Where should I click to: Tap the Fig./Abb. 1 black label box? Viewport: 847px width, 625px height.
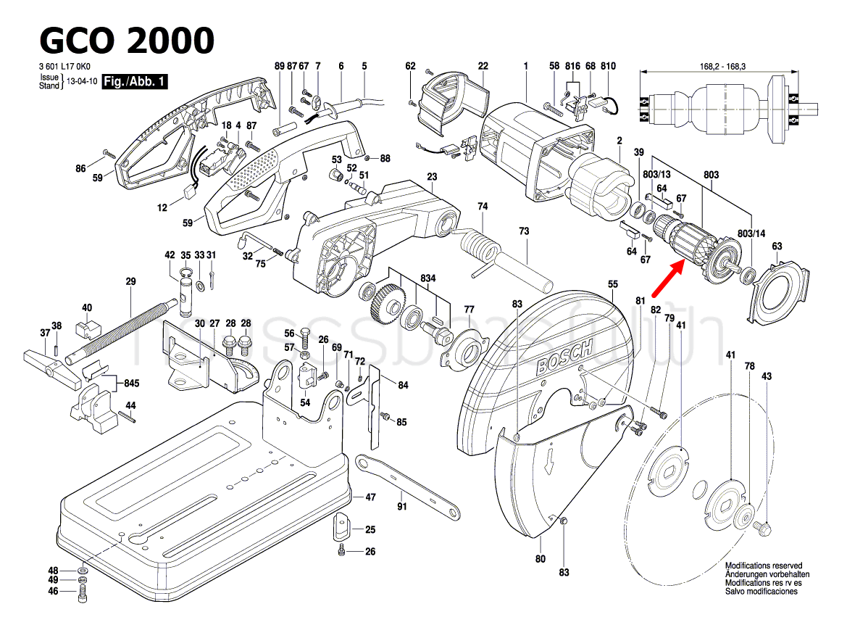point(135,82)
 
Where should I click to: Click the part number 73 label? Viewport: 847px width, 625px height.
point(524,231)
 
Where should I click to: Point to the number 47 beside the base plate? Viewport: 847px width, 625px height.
point(370,497)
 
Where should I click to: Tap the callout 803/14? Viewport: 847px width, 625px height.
point(751,233)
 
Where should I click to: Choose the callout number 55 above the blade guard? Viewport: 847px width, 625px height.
point(612,285)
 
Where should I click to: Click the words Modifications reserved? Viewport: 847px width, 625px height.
point(764,566)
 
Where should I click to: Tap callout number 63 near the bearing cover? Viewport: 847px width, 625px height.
point(777,247)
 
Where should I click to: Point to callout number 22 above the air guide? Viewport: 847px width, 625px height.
point(483,66)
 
